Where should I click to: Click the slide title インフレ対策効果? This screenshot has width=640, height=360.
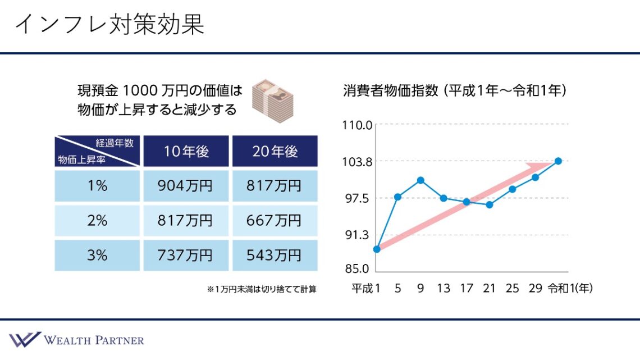(x=109, y=25)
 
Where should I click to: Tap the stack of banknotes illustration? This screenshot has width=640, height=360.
(x=271, y=98)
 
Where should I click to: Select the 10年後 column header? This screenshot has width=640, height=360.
(x=186, y=151)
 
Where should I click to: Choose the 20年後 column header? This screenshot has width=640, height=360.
(x=275, y=151)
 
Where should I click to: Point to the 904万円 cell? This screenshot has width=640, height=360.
(x=186, y=186)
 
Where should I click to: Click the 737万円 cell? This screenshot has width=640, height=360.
(x=186, y=256)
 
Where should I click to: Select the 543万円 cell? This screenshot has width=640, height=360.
(x=275, y=256)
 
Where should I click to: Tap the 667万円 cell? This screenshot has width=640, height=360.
(x=275, y=221)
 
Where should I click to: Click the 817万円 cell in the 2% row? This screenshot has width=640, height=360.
(x=186, y=221)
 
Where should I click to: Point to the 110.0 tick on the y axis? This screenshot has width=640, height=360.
(x=357, y=125)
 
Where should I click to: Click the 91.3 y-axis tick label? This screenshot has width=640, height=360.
(x=358, y=235)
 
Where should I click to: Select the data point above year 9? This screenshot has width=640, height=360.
(x=420, y=180)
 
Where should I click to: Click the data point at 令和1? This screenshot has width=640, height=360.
(x=558, y=161)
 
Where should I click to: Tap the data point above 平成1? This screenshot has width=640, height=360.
(x=377, y=249)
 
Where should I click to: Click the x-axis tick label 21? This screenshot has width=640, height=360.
(x=489, y=289)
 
